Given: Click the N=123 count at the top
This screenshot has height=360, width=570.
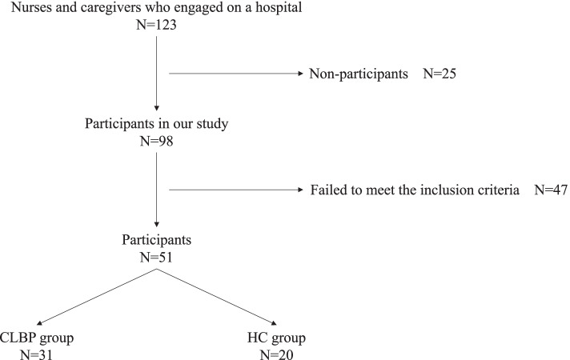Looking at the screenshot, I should pyautogui.click(x=157, y=27).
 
